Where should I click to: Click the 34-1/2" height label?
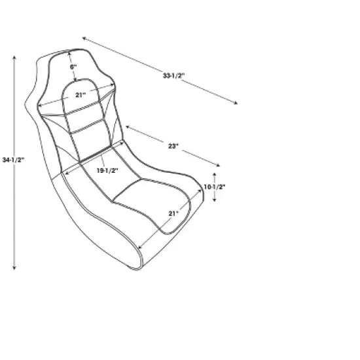(14, 159)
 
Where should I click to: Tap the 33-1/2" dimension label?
(173, 75)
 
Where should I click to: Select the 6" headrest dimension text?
(74, 66)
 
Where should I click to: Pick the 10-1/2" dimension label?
(214, 187)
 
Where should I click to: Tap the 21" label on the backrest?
(80, 95)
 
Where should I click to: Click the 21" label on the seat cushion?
(173, 213)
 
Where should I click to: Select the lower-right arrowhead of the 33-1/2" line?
(236, 103)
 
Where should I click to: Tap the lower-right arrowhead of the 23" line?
(221, 165)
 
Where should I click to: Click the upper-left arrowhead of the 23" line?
(126, 126)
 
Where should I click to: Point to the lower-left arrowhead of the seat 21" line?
(139, 248)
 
